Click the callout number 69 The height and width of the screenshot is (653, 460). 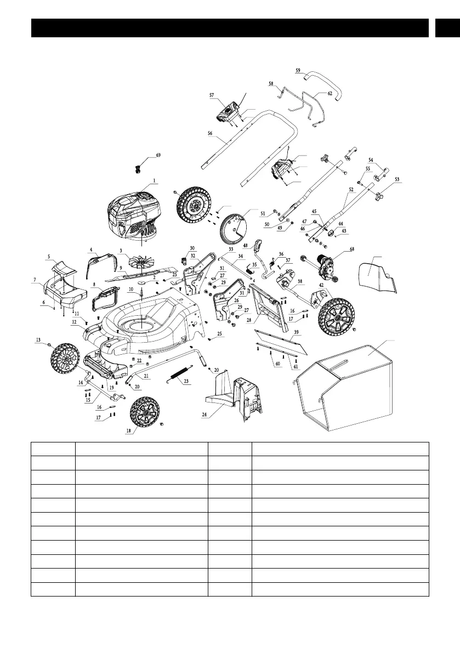158,156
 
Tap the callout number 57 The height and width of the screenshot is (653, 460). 212,95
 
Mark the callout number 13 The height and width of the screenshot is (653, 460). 38,340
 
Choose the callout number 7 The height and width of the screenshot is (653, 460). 35,280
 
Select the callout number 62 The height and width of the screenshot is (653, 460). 330,94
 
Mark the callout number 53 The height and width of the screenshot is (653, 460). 397,179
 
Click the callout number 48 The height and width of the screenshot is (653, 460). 245,245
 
